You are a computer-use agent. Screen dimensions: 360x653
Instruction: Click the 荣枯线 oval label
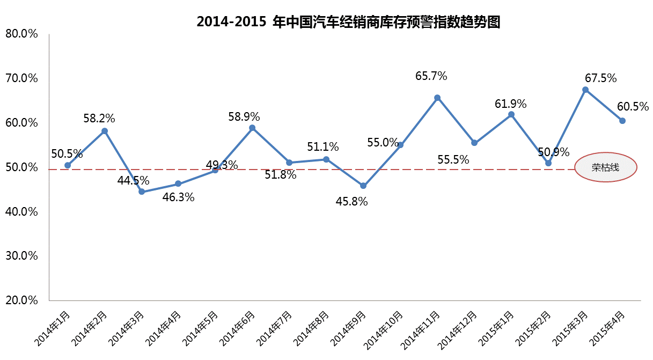605,168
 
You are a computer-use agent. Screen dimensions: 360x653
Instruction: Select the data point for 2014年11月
437,98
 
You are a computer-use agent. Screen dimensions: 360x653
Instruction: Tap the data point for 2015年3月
585,90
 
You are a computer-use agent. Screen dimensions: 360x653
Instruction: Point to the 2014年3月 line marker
142,192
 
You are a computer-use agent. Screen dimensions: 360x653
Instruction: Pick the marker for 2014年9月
363,186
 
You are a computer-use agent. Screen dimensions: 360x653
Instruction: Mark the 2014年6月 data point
252,128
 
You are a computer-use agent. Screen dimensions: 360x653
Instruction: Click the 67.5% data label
600,77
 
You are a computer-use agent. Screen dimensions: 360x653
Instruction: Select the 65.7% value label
431,76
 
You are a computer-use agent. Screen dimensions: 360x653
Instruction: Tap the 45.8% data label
351,202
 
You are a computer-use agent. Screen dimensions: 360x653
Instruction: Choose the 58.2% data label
99,117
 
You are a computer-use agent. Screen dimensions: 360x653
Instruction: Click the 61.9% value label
510,104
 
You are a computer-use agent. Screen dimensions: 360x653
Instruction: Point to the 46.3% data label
178,197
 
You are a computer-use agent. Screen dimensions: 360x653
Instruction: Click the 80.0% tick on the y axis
21,34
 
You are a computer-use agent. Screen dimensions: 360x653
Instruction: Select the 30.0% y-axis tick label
21,255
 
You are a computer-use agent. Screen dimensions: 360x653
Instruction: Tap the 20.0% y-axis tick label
21,300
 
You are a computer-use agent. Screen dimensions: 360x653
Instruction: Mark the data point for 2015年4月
622,121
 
